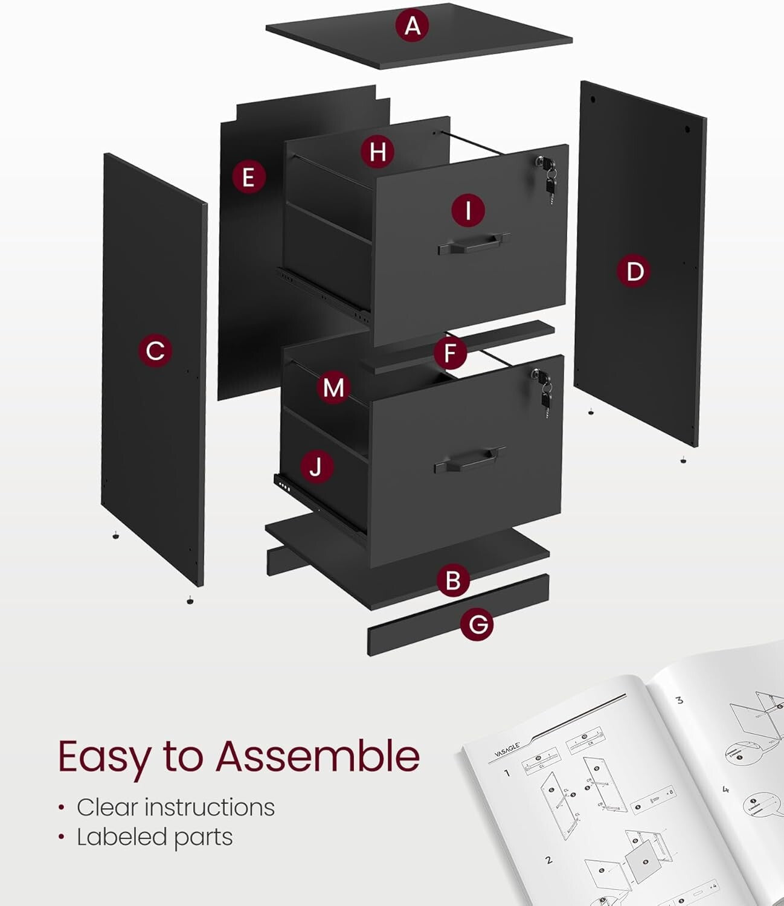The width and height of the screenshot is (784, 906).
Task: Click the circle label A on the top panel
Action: pos(412,26)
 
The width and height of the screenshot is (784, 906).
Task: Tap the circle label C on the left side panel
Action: pos(155,350)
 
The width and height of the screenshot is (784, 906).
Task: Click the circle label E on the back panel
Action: pos(248,178)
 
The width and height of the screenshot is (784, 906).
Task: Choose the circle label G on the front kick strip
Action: pos(477,624)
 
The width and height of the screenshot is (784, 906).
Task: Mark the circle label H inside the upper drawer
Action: pos(378,151)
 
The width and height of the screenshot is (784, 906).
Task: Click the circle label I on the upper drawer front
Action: pos(468,210)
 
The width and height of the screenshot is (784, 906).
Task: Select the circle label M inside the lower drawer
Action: pos(333,387)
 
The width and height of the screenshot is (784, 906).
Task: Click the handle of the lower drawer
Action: pos(470,460)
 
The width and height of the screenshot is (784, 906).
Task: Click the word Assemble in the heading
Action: pos(318,756)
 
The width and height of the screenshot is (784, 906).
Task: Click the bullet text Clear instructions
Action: pos(175,807)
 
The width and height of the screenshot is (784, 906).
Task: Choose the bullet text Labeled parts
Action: pos(155,837)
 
